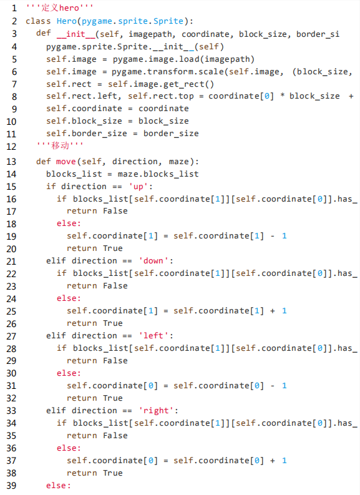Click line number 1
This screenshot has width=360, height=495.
coord(14,8)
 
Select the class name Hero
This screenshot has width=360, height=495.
coord(67,21)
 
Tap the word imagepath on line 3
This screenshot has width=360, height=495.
coord(150,34)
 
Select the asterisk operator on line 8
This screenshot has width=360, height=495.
coord(283,96)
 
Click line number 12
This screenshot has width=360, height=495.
coord(11,147)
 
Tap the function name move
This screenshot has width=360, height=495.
coord(66,162)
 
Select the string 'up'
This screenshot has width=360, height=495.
coord(139,186)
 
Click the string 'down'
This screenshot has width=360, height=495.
coord(153,261)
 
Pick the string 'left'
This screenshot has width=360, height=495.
coord(153,335)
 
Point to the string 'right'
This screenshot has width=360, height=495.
coord(156,410)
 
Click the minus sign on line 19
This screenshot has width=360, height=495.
coord(272,236)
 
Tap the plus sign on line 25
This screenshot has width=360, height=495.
coord(272,311)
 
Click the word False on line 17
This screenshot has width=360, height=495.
coord(115,210)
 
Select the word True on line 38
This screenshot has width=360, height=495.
coord(113,473)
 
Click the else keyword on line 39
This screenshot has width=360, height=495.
coord(59,485)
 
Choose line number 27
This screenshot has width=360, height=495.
coord(11,336)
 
